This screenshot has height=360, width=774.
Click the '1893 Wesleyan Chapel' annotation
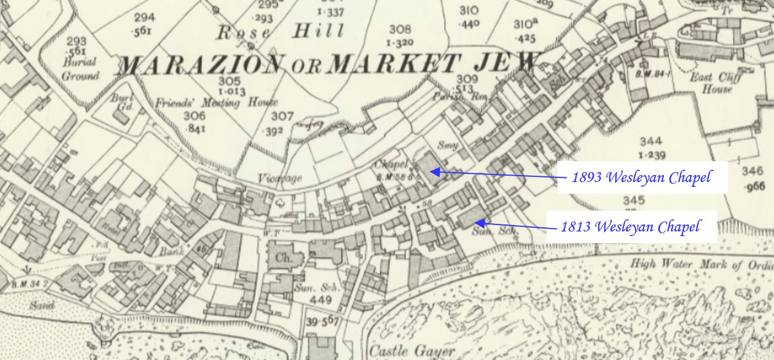pyautogui.click(x=641, y=177)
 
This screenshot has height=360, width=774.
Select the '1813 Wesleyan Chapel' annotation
pyautogui.click(x=630, y=226)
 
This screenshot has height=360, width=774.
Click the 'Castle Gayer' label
pyautogui.click(x=412, y=351)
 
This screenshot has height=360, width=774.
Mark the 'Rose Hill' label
pyautogui.click(x=280, y=32)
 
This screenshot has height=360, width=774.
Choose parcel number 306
pyautogui.click(x=194, y=116)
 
